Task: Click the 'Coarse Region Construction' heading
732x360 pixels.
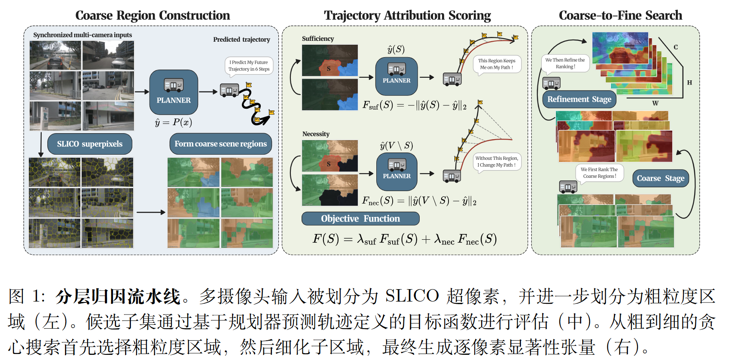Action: (x=152, y=15)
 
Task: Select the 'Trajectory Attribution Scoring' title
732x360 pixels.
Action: (x=407, y=15)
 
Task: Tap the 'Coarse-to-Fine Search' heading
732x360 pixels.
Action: (x=620, y=15)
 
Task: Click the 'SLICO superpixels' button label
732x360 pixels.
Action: (x=90, y=144)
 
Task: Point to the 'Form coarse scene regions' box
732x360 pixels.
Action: (x=220, y=144)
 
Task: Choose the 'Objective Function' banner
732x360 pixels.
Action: (x=360, y=219)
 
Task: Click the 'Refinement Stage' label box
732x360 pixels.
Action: (x=579, y=99)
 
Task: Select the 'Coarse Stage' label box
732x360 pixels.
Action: (x=660, y=178)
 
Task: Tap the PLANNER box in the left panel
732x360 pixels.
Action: (x=174, y=92)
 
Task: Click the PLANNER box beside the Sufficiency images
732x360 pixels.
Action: (x=396, y=76)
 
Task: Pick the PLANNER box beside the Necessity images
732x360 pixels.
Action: (x=397, y=172)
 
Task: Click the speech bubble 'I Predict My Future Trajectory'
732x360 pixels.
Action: (x=249, y=66)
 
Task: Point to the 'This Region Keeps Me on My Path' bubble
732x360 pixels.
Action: (x=497, y=65)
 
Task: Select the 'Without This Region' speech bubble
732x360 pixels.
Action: (x=497, y=162)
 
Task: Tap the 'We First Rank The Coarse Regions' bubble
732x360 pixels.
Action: (x=599, y=173)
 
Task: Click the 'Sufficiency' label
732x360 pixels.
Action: (x=318, y=39)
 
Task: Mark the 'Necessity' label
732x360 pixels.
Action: (x=316, y=134)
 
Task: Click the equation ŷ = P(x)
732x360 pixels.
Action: (x=174, y=122)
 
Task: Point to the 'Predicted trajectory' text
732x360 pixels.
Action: (x=241, y=40)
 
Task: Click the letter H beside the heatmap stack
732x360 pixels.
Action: (x=689, y=82)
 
